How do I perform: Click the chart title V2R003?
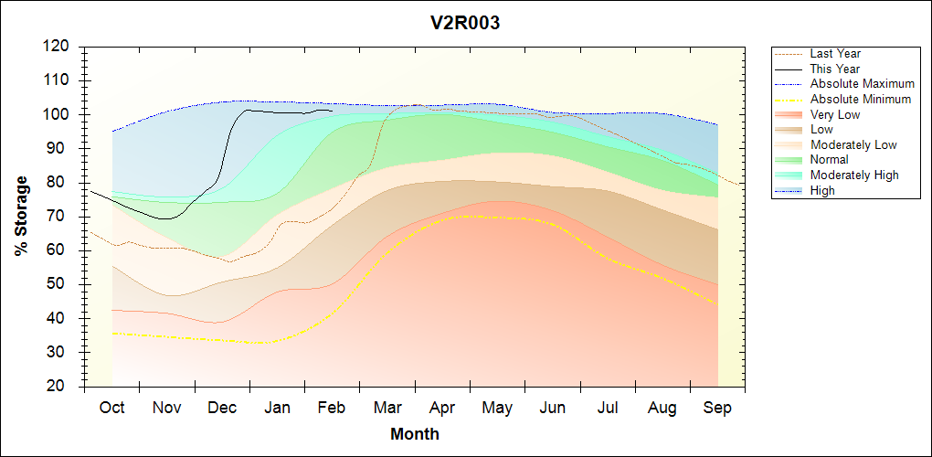point(465,24)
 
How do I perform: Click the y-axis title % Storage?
point(21,216)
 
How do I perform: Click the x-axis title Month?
point(415,434)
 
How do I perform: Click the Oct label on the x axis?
point(111,408)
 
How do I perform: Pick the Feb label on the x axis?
point(331,408)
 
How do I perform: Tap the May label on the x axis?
point(496,408)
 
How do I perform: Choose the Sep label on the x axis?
point(717,408)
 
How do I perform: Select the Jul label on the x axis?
point(607,408)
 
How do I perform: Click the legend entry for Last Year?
point(835,54)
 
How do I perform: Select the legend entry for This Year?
point(835,69)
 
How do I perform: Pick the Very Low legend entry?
point(835,114)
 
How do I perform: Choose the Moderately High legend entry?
point(854,175)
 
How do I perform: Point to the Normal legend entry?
point(830,160)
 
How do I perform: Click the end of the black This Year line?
point(331,111)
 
